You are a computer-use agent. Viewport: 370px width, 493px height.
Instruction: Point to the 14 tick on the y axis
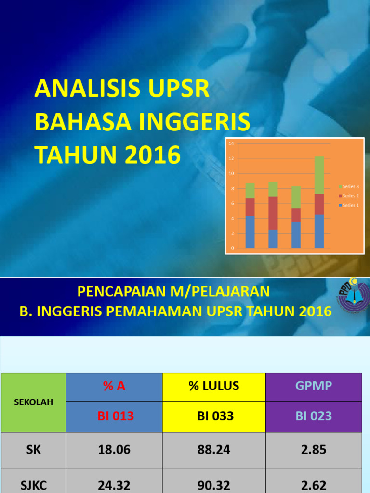pos(231,143)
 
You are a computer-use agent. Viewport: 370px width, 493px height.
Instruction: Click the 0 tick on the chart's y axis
pos(233,248)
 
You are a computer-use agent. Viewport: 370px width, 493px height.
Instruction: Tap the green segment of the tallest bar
pos(319,175)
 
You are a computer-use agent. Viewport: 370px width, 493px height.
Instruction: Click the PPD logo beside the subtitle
pos(353,298)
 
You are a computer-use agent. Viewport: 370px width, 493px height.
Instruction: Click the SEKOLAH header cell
pos(33,402)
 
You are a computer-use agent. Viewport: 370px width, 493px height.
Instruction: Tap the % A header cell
pos(114,386)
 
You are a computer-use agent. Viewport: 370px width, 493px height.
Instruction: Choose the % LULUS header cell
pos(214,386)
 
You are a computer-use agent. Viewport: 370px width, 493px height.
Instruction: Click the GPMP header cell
pos(313,386)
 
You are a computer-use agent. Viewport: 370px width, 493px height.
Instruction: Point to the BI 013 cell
pos(114,416)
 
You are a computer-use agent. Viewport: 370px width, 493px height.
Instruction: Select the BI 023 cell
pos(313,416)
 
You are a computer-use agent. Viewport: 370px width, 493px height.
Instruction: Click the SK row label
pos(33,450)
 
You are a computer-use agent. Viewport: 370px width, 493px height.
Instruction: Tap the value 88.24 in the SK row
pos(214,450)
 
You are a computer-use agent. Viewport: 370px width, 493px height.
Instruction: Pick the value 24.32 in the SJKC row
pos(114,485)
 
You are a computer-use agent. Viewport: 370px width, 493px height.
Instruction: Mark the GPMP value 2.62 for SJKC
pos(313,485)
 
